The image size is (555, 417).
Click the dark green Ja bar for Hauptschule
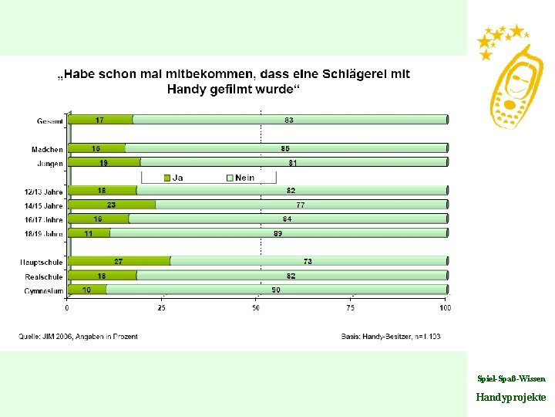pos(119,261)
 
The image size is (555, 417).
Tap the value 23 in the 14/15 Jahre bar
pos(112,205)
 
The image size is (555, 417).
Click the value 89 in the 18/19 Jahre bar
pos(278,232)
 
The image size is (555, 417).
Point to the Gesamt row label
pos(50,120)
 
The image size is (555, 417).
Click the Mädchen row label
pos(47,148)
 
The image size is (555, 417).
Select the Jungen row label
pos(49,163)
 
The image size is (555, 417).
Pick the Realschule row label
pos(43,276)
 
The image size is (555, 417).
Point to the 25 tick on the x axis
pos(162,308)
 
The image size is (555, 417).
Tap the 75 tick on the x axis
pos(351,308)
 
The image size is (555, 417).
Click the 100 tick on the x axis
pos(445,308)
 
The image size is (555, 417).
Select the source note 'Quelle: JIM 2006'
pos(78,337)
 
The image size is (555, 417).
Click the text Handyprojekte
pos(511,397)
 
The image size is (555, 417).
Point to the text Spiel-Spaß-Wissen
pos(511,379)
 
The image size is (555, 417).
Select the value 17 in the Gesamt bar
pos(100,120)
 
